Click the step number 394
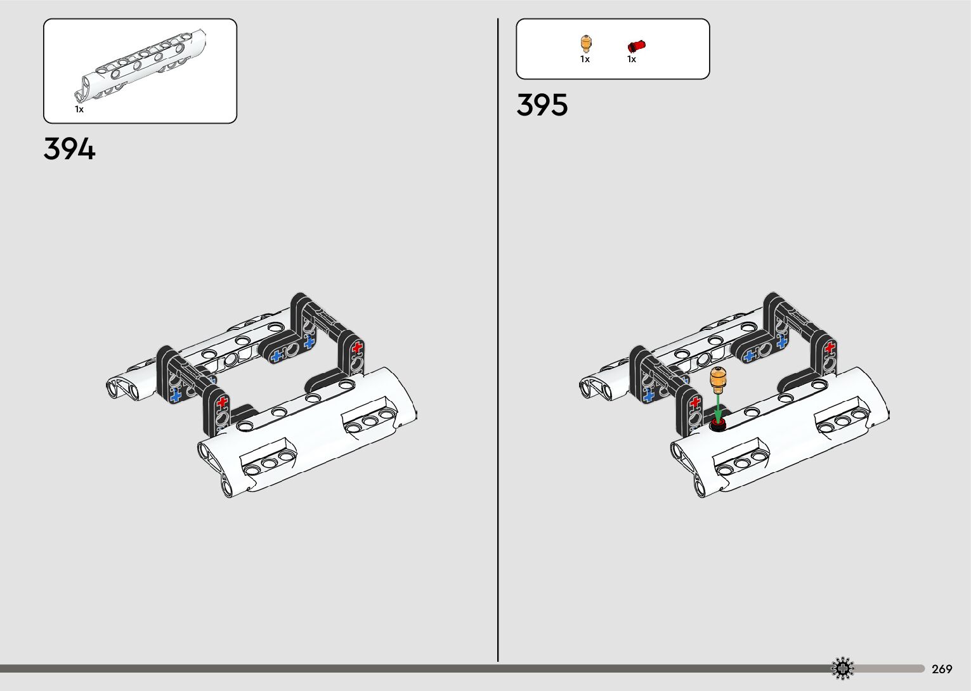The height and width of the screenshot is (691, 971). (x=70, y=149)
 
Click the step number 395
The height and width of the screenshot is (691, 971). (x=542, y=105)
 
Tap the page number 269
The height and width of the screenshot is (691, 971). (x=942, y=669)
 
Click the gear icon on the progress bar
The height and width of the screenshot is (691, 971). (x=843, y=668)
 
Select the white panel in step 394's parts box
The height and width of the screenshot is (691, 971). (x=143, y=67)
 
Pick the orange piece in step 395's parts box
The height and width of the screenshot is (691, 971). (x=585, y=44)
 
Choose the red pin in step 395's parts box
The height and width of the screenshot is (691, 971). (x=635, y=46)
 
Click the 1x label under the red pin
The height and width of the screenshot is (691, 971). (x=632, y=59)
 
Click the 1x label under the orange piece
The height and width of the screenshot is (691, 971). (x=585, y=59)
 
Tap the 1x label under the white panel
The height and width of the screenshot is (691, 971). (x=79, y=109)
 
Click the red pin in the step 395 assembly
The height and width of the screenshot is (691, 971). (x=718, y=423)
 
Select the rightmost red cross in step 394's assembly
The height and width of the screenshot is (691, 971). (x=357, y=347)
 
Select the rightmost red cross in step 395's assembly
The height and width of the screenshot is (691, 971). (x=830, y=347)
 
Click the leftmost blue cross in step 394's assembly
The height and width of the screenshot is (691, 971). (x=176, y=395)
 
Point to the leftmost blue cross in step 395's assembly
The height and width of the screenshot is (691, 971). (x=648, y=395)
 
